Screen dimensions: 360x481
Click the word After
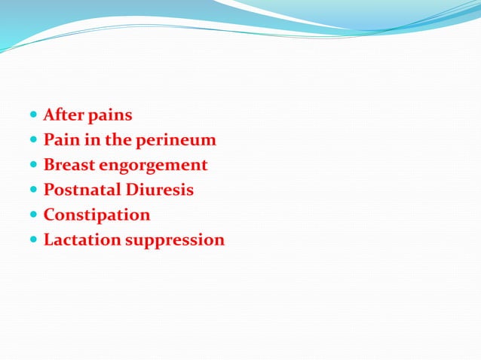[x=63, y=115]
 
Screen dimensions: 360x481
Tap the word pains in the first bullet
[x=110, y=116]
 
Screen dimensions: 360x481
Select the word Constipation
[x=97, y=215]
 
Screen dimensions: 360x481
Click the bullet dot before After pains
[x=34, y=116]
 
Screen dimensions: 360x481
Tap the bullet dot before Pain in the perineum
[x=34, y=141]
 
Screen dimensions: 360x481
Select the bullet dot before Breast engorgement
[x=34, y=166]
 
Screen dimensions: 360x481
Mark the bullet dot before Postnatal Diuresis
[x=34, y=191]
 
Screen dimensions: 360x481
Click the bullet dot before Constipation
[x=34, y=215]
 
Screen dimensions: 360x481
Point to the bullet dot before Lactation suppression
[x=34, y=240]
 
